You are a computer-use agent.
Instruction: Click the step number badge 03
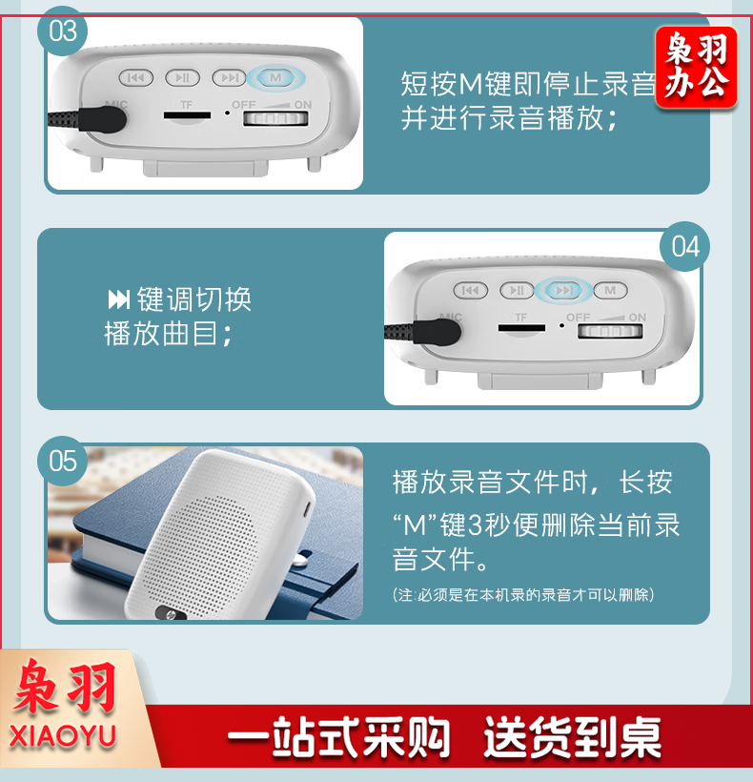pos(62,31)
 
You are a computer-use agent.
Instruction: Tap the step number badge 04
pos(684,246)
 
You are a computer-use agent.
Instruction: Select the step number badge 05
pos(62,461)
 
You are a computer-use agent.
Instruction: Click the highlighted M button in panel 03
pos(275,78)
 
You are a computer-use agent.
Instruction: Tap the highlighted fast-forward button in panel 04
pos(564,290)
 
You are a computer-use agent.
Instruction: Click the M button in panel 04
pos(610,290)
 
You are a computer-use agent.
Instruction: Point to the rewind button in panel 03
pos(136,78)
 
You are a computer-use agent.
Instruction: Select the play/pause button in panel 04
pos(517,290)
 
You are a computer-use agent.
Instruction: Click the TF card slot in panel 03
pos(188,115)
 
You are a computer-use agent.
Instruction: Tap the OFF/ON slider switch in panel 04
pos(610,331)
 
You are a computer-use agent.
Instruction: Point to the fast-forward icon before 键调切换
pos(119,299)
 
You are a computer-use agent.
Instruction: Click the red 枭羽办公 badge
pos(696,67)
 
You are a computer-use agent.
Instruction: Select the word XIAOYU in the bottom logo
pos(63,736)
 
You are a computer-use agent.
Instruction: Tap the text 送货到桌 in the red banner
pos(572,737)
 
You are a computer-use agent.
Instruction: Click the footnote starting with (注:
pos(523,594)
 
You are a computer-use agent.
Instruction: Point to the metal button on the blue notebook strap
pos(299,560)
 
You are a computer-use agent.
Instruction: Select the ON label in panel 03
pos(303,105)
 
